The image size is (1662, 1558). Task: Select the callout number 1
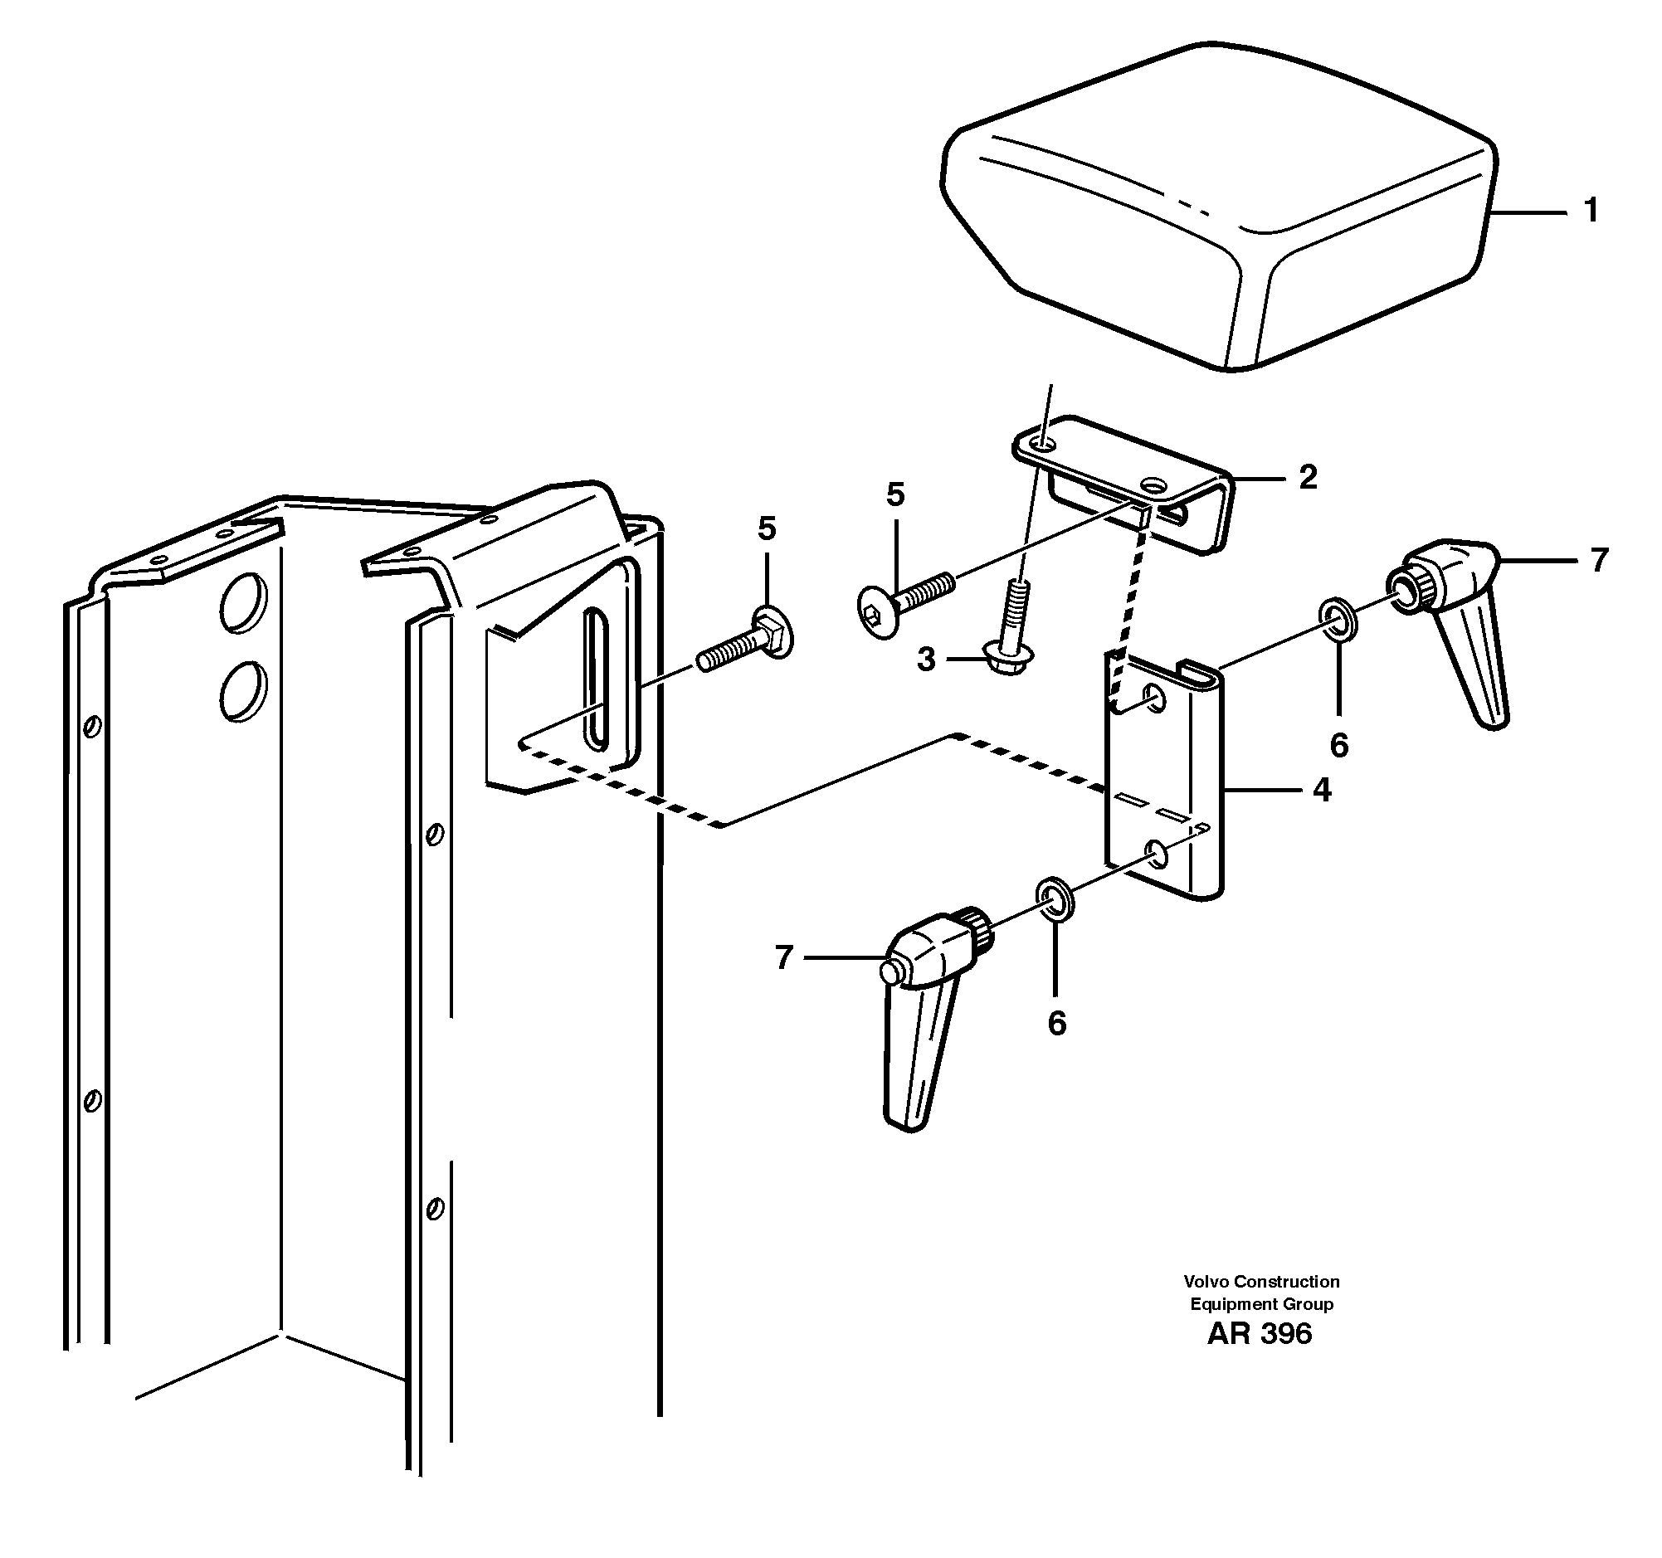1591,211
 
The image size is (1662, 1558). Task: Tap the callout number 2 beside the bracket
1309,477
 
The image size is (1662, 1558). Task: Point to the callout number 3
925,660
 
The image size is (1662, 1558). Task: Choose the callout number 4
1322,789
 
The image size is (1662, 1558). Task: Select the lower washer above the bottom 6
1056,897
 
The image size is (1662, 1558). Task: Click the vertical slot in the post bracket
597,677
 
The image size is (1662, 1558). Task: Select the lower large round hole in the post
244,690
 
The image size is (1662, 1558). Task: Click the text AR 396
1259,1333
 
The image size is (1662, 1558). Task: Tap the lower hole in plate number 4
1158,854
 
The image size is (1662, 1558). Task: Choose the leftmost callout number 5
767,528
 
